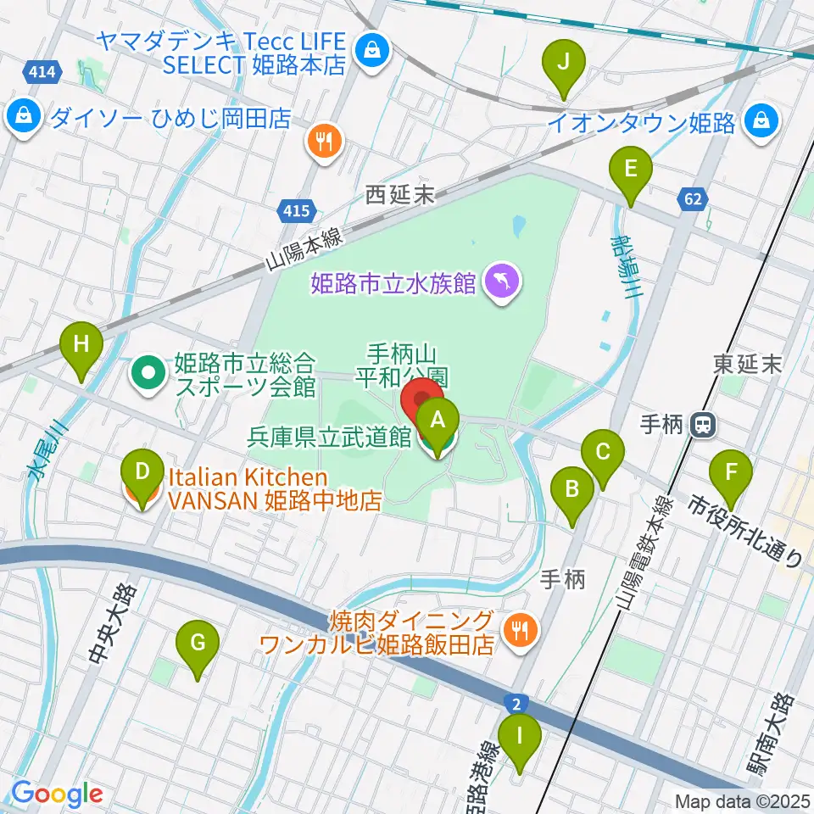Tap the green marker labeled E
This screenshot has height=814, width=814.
point(631,170)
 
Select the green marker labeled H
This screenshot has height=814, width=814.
point(81,346)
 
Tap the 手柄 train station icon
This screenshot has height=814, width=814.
point(702,425)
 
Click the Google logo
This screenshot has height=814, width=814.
point(56,794)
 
